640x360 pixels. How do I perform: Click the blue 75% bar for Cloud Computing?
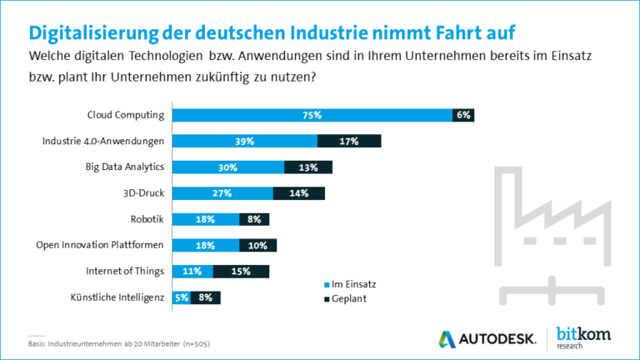click(x=312, y=115)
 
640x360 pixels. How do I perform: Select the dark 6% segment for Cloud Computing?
click(x=463, y=115)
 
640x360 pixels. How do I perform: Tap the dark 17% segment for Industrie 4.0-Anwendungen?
click(x=349, y=141)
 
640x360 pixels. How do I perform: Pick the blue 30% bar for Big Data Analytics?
click(x=228, y=167)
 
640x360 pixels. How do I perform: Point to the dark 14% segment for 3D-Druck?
click(x=298, y=193)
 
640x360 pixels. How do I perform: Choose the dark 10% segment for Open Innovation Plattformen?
click(x=257, y=245)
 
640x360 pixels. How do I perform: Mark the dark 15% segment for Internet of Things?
click(x=241, y=271)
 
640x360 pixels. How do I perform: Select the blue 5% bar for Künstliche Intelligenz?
click(x=182, y=297)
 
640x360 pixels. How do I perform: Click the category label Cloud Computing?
click(x=126, y=115)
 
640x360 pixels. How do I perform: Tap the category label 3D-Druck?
click(x=144, y=193)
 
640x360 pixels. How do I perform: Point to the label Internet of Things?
click(x=125, y=271)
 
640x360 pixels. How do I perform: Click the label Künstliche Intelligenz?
click(x=119, y=297)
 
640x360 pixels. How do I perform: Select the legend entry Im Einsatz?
click(x=347, y=284)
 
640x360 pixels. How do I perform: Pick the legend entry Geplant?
click(x=343, y=299)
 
